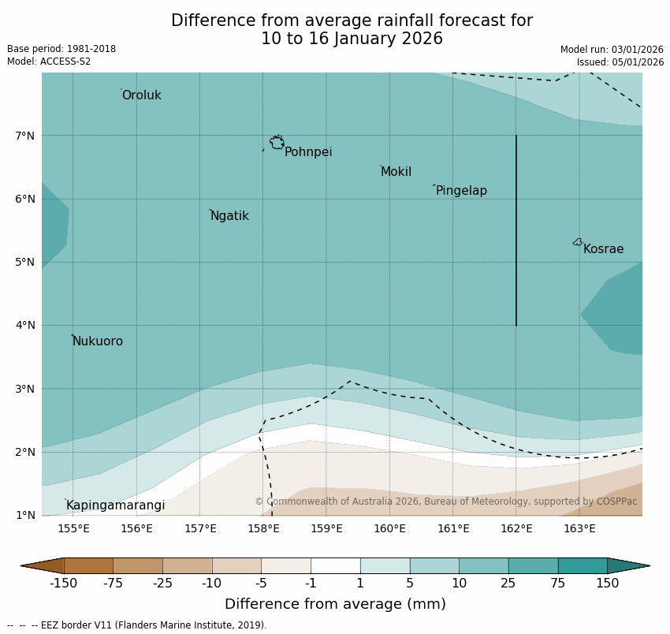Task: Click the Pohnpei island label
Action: coord(307,152)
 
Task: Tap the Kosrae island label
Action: coord(603,249)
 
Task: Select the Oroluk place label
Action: coord(141,95)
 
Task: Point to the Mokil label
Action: coord(396,172)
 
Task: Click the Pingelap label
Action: coord(461,191)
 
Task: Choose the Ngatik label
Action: coord(229,216)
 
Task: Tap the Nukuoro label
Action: coord(98,341)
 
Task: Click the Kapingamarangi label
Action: coord(115,505)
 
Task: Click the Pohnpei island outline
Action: coord(277,143)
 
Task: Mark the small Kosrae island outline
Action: coord(578,242)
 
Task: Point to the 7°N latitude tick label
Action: coord(25,136)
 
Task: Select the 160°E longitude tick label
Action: coord(389,528)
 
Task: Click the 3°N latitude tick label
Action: coord(25,389)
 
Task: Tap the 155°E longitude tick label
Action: coord(73,528)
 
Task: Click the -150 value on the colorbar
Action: coord(63,584)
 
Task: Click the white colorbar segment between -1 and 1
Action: coord(335,565)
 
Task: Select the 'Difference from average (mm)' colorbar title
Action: coord(335,604)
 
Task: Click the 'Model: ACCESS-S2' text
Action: coord(49,62)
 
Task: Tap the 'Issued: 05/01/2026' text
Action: coord(620,62)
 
